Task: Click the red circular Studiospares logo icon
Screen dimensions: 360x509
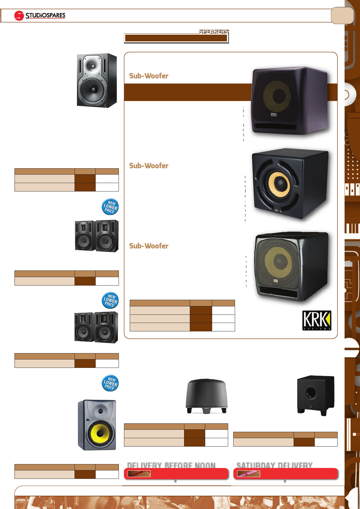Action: click(19, 16)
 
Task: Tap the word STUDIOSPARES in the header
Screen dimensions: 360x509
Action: click(45, 15)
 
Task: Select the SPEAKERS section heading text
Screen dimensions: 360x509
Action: click(213, 31)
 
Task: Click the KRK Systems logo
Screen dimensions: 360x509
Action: click(317, 320)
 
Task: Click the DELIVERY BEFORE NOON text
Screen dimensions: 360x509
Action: click(171, 465)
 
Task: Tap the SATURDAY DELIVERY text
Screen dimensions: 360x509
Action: click(274, 465)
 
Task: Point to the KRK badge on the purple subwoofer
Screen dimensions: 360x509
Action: click(273, 115)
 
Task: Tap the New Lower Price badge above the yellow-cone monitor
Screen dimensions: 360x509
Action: click(110, 383)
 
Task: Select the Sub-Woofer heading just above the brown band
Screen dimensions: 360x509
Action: click(149, 76)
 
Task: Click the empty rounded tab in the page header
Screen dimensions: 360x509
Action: click(342, 15)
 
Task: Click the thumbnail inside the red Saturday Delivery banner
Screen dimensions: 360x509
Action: click(248, 473)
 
